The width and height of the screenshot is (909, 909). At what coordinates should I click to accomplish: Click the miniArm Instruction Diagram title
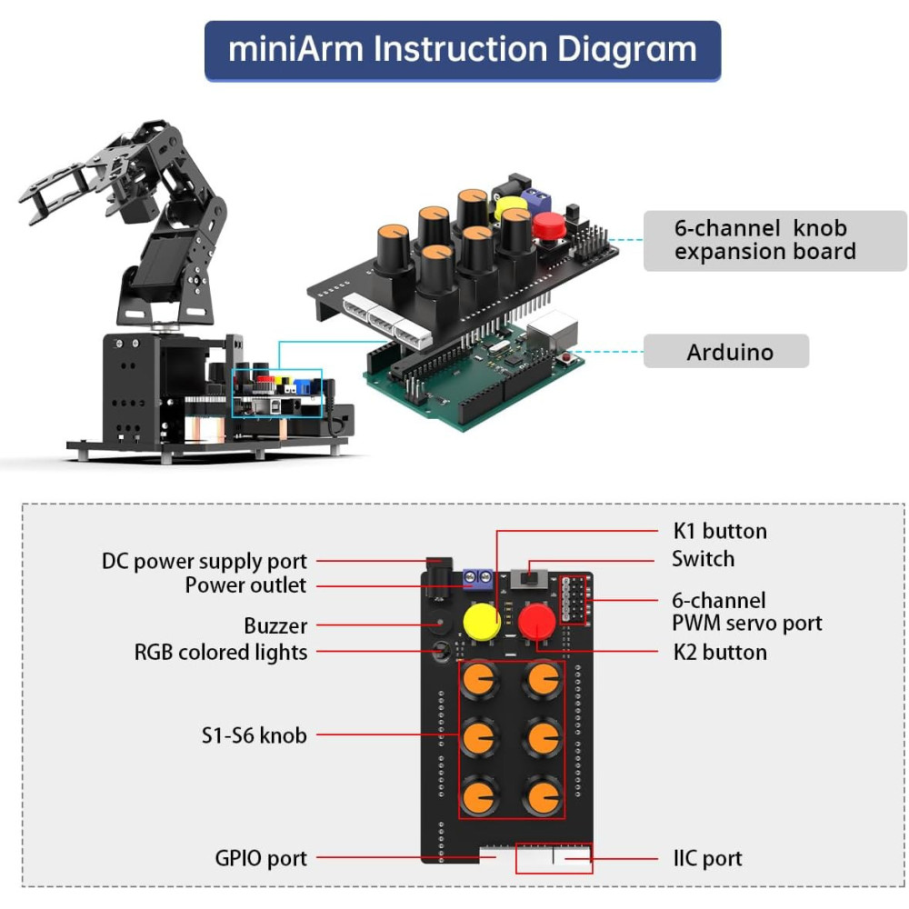pos(463,49)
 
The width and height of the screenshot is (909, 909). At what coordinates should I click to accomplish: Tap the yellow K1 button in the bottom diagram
pos(482,622)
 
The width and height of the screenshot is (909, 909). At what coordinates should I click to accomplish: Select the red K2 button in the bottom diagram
pos(537,623)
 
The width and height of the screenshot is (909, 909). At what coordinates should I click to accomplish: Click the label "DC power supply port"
pos(205,561)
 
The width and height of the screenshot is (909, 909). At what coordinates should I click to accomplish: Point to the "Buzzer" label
pos(275,625)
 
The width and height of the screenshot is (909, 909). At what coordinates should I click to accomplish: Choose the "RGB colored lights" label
pos(221,652)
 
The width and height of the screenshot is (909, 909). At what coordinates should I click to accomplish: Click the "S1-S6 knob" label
pos(254,734)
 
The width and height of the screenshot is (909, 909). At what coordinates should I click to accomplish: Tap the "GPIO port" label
pos(261,857)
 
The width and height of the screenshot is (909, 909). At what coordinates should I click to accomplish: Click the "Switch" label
pos(703,558)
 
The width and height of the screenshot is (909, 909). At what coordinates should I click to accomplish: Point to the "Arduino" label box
pos(725,352)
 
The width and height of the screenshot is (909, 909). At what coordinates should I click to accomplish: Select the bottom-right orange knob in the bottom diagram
pos(543,795)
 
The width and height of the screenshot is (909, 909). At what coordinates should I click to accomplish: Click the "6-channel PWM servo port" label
pos(746,612)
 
